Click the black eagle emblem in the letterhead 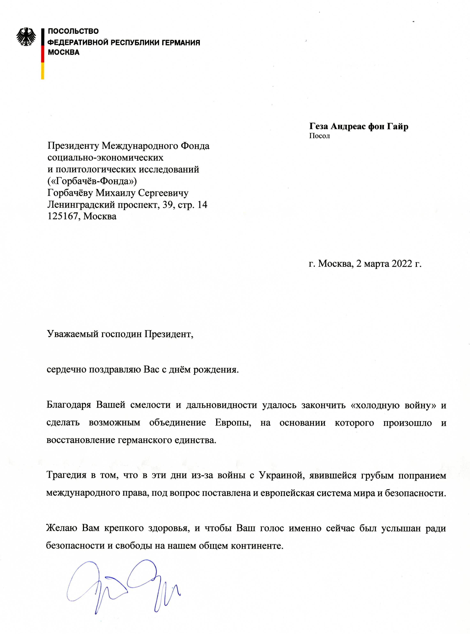(26, 37)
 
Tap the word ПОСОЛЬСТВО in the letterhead (73, 31)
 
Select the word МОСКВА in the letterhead (64, 52)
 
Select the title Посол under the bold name (319, 136)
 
